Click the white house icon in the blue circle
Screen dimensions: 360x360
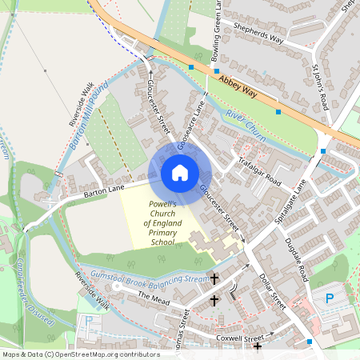click(x=180, y=173)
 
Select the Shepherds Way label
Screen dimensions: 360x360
click(x=258, y=33)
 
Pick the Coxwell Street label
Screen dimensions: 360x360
click(x=239, y=339)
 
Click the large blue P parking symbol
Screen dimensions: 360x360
click(x=330, y=299)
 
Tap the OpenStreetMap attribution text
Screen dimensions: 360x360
click(x=81, y=354)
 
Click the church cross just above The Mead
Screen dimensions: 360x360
click(x=214, y=278)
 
